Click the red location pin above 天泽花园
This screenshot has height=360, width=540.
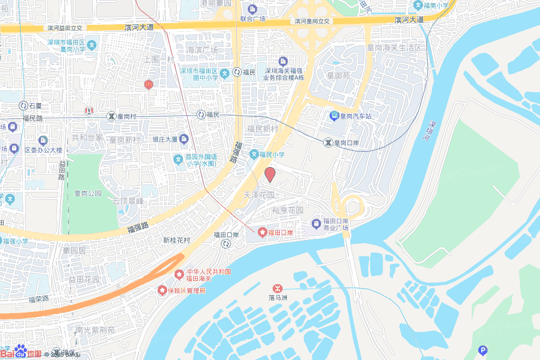(270, 174)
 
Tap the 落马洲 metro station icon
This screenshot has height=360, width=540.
(276, 288)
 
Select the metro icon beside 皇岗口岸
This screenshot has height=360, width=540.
(328, 142)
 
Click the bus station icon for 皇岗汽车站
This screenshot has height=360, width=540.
(334, 116)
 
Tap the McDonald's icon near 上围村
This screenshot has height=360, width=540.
(149, 84)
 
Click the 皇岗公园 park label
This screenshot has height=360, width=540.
(88, 193)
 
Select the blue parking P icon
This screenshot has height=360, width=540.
(482, 351)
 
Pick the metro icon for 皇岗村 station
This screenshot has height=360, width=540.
(111, 116)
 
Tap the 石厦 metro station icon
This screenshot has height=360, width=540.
(23, 106)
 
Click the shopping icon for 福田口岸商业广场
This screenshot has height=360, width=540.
(316, 224)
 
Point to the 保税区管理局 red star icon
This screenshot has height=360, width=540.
(162, 291)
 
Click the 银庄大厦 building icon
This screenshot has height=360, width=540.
(184, 140)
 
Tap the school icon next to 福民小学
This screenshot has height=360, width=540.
(254, 154)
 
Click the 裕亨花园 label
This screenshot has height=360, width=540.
(287, 210)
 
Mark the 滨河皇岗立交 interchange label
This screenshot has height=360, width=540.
(312, 21)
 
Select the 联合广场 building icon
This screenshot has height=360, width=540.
(252, 9)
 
